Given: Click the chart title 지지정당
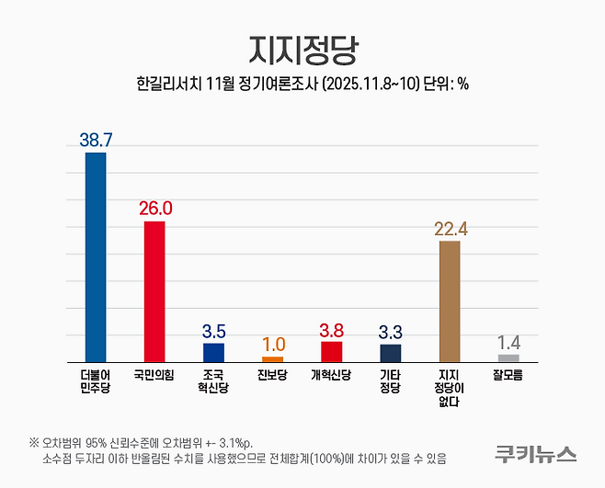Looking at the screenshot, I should pyautogui.click(x=302, y=49).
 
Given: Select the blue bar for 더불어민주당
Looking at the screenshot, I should pyautogui.click(x=96, y=257).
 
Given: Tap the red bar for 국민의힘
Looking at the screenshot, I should pyautogui.click(x=154, y=291).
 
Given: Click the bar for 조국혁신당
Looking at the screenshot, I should pyautogui.click(x=213, y=352).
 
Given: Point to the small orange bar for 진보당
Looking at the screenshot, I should pyautogui.click(x=272, y=359).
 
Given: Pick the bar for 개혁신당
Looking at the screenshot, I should pyautogui.click(x=331, y=351).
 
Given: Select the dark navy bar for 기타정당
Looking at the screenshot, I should pyautogui.click(x=390, y=353).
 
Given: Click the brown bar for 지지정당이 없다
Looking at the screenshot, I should pyautogui.click(x=450, y=301).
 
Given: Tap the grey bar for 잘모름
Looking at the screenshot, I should pyautogui.click(x=508, y=357).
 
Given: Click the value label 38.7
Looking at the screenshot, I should pyautogui.click(x=96, y=140).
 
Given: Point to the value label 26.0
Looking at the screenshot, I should pyautogui.click(x=154, y=209).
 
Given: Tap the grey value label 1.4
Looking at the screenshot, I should pyautogui.click(x=508, y=342).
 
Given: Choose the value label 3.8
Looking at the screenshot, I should pyautogui.click(x=331, y=329).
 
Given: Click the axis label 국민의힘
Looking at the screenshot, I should pyautogui.click(x=154, y=376).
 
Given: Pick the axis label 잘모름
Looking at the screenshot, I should pyautogui.click(x=508, y=376).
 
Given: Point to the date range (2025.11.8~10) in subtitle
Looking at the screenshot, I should pyautogui.click(x=365, y=83).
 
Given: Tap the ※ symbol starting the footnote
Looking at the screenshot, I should pyautogui.click(x=34, y=440).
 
